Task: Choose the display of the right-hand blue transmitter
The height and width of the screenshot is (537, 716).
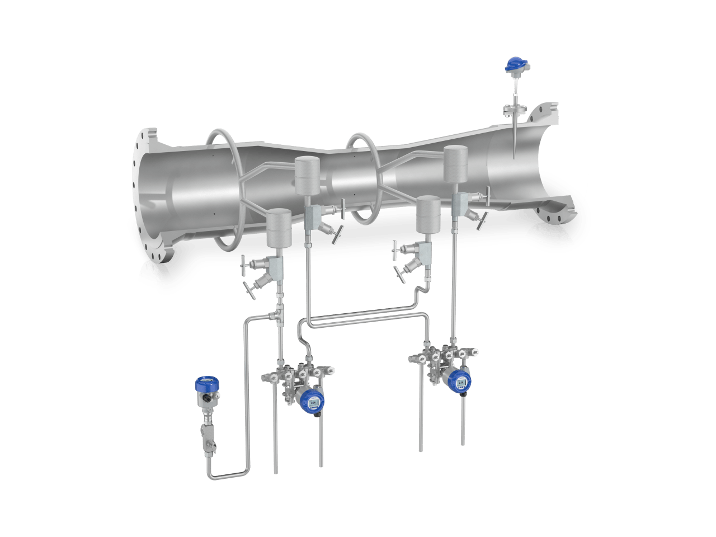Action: [x=461, y=383]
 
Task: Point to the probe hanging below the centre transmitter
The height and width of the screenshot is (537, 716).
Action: [x=321, y=442]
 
